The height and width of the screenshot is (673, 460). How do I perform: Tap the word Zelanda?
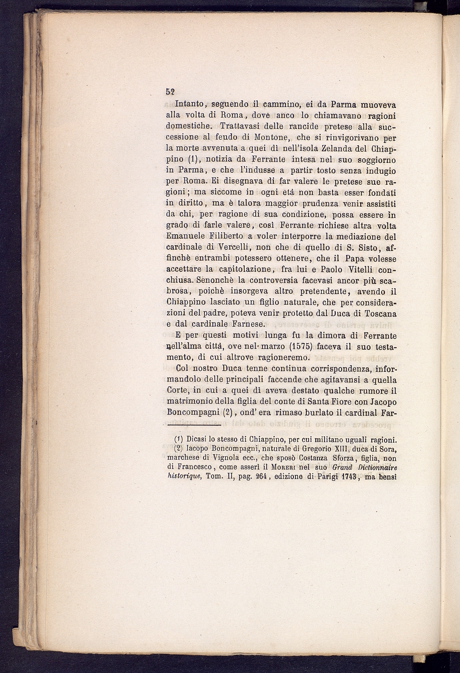[x=331, y=149]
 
